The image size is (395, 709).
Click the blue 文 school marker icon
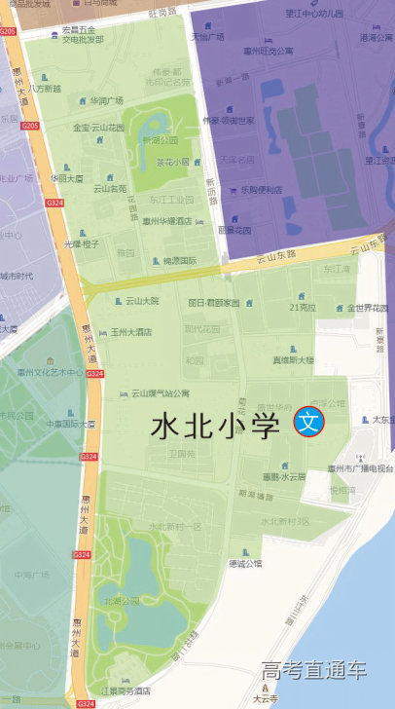(308, 423)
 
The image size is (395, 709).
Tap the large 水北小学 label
(215, 427)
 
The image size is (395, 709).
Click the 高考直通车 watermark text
(314, 670)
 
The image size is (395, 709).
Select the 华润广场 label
(107, 100)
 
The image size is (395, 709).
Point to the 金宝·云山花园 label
(99, 128)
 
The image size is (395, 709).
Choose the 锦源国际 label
(179, 261)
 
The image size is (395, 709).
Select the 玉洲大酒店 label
(130, 332)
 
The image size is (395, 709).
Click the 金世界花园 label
(368, 308)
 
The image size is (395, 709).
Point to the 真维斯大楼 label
(293, 359)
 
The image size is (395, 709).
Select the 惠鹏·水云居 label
(283, 476)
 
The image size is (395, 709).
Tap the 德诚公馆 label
(245, 563)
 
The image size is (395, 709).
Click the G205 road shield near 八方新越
(29, 126)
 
